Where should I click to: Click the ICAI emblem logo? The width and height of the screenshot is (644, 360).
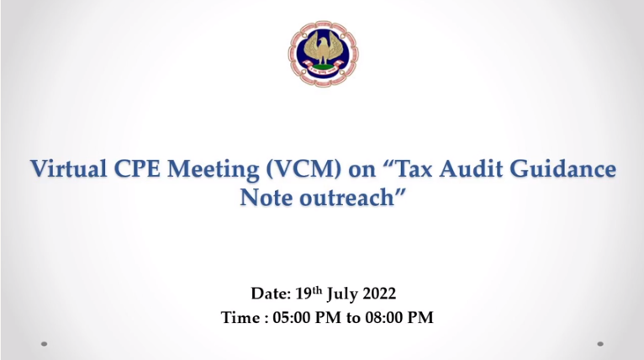point(323,54)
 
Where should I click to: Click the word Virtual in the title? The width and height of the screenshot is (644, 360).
point(69,168)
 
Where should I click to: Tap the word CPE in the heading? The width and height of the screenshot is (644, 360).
point(137,168)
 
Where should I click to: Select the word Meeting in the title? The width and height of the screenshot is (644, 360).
point(214,170)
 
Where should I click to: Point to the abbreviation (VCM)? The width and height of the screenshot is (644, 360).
point(304,169)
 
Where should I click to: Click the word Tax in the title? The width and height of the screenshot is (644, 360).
point(412,168)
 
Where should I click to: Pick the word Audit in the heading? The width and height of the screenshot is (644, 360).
point(471,168)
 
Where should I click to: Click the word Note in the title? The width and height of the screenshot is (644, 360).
point(267,198)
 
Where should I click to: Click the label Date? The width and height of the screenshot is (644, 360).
point(271,294)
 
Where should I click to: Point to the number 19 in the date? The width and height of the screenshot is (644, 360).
point(304,294)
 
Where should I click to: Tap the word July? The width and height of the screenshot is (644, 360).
point(342,294)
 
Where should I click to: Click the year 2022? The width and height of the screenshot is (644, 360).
point(379,294)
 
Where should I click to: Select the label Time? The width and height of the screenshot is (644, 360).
point(240,318)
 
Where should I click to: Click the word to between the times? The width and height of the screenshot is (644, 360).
point(353,319)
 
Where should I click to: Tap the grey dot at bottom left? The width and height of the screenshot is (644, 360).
point(45,344)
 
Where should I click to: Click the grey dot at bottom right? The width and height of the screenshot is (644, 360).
point(600,344)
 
